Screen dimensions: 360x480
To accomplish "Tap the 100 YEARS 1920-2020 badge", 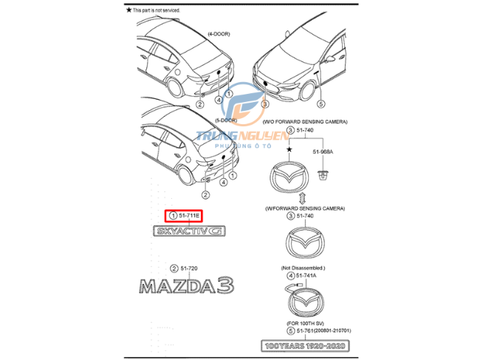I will (x=304, y=345).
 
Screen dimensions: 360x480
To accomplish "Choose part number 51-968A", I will (x=321, y=152).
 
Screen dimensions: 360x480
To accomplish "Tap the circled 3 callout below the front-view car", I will (x=264, y=104).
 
